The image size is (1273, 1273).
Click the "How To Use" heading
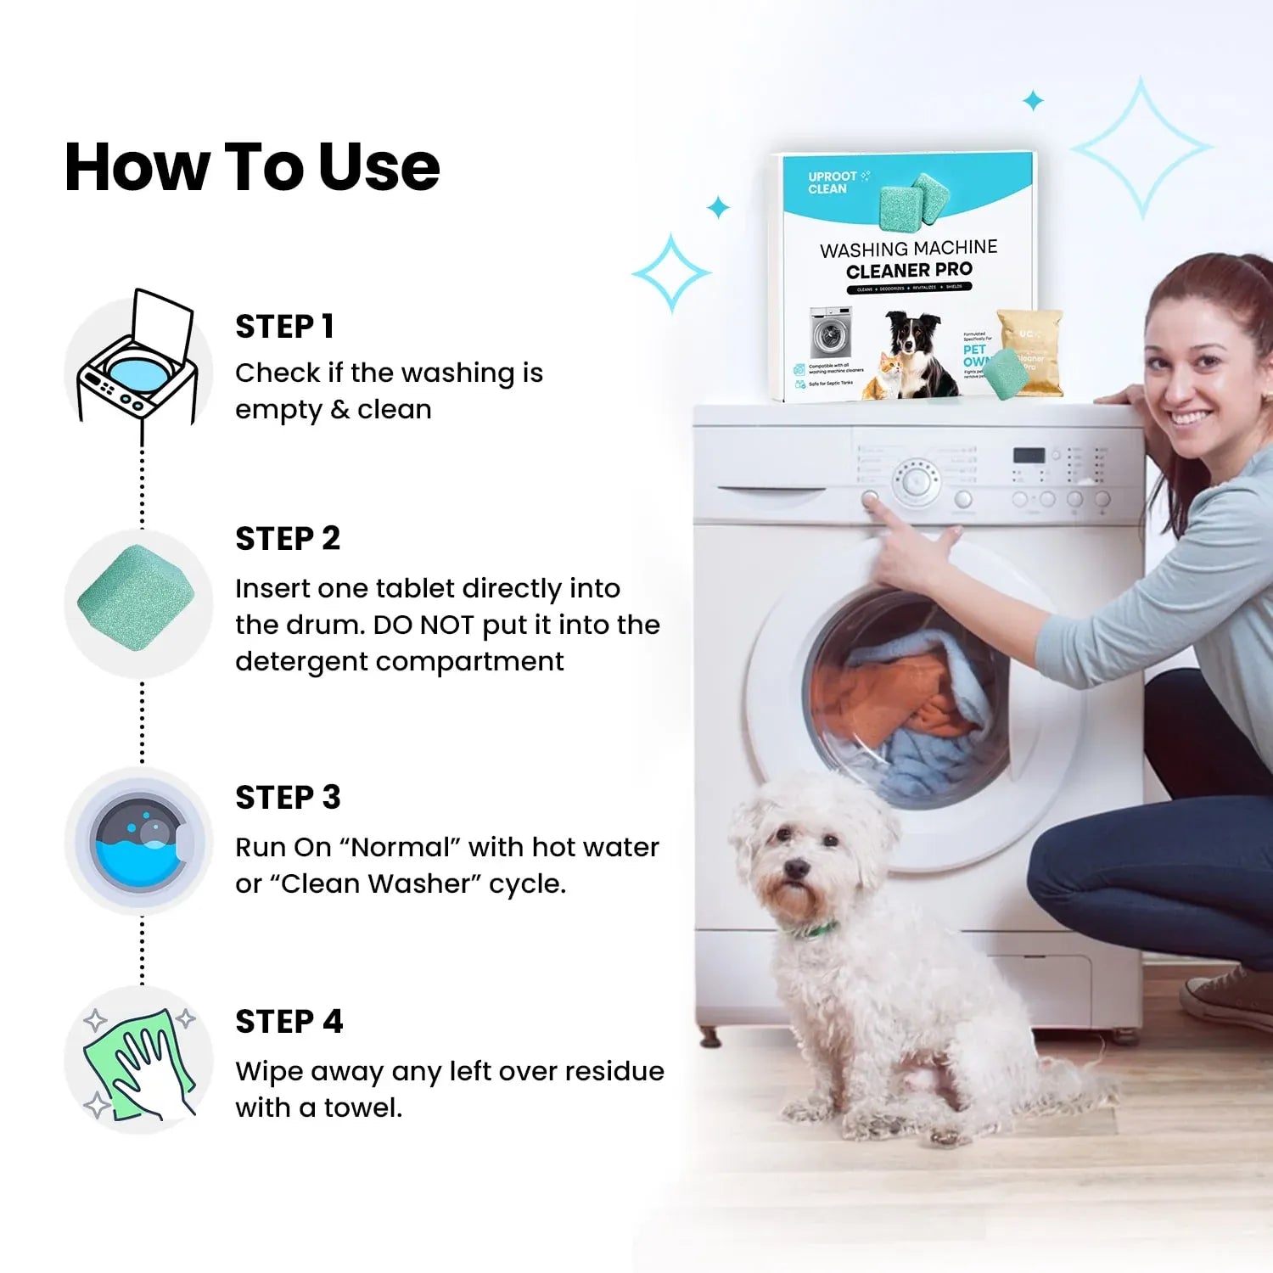(252, 167)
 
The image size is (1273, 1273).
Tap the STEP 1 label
(284, 327)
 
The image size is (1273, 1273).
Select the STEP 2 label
(288, 539)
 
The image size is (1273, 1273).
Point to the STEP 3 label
(288, 798)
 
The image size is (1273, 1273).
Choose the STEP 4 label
(289, 1022)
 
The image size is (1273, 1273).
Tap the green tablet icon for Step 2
(137, 598)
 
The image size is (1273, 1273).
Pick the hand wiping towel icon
(138, 1061)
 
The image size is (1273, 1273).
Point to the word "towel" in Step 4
(362, 1108)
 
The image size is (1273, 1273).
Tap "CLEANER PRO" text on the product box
(909, 271)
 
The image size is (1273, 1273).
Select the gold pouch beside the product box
(1029, 350)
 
